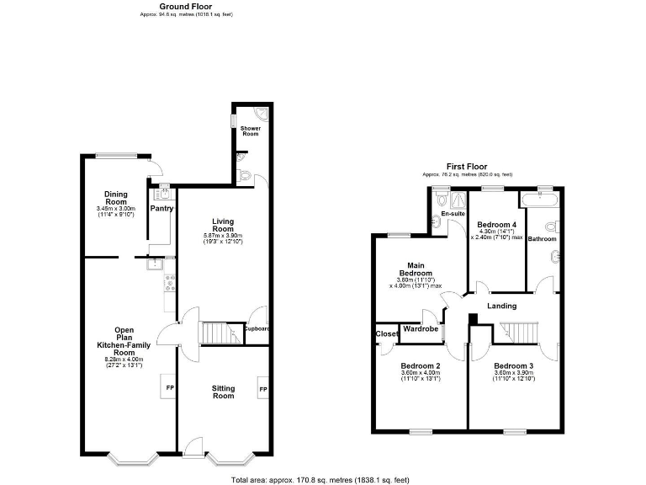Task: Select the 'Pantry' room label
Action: point(161,208)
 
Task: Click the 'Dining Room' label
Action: point(115,197)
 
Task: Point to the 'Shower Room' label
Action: point(250,131)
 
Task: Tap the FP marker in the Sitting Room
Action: point(263,390)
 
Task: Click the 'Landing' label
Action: point(501,306)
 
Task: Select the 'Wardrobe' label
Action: point(420,328)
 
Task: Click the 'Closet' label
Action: point(387,333)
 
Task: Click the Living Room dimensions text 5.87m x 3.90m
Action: point(222,235)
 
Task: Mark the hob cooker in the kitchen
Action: point(169,284)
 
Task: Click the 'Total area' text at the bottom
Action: point(320,479)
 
